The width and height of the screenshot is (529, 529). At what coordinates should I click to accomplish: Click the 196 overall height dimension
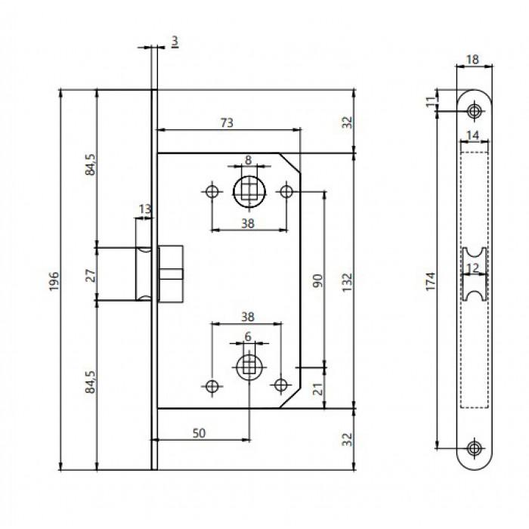pos(54,281)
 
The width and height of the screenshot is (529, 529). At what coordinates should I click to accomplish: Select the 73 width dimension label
pos(227,122)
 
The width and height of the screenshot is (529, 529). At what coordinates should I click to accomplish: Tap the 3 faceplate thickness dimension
pos(175,42)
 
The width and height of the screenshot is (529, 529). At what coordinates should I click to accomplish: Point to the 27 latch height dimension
pos(91,275)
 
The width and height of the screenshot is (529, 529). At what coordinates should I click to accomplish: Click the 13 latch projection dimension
pos(145,209)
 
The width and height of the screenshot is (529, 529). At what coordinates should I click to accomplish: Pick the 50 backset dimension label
pos(199,433)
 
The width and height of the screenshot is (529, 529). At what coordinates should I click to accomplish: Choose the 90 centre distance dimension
pos(317,280)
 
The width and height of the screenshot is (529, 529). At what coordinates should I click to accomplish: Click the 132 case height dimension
pos(347,282)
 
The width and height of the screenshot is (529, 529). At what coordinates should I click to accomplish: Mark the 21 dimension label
pos(318,388)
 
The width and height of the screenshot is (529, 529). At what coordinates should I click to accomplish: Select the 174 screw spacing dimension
pos(431,281)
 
